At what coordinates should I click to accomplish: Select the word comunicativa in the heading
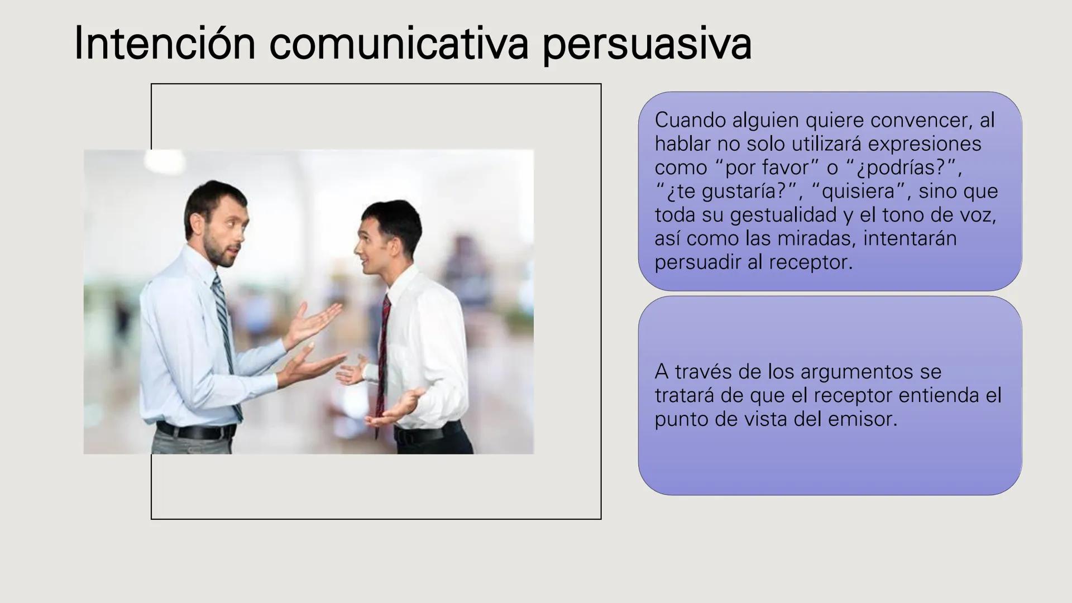(398, 44)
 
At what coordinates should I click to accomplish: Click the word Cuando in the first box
(690, 120)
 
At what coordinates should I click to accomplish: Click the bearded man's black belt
(195, 430)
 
